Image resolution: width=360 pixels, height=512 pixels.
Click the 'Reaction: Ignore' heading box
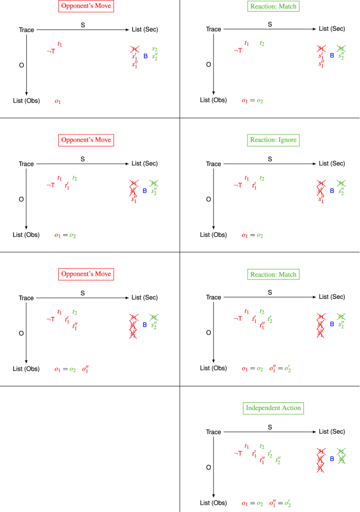[x=273, y=140]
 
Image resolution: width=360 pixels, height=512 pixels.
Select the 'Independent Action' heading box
[x=273, y=408]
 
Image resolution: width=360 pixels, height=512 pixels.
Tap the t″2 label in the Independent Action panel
[x=278, y=460]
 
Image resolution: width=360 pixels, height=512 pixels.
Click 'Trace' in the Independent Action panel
[x=213, y=432]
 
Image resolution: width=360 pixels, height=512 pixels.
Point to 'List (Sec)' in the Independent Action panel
[x=332, y=432]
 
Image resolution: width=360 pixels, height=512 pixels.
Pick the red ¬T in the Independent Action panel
[x=238, y=453]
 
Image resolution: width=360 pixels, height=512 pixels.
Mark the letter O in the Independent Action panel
[x=209, y=467]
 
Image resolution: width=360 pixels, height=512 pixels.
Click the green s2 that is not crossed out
[x=155, y=49]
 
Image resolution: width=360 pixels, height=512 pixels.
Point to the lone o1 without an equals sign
[x=58, y=101]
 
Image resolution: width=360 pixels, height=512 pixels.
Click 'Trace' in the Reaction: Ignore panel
[x=213, y=164]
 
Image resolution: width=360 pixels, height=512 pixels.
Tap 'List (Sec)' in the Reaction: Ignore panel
[x=332, y=164]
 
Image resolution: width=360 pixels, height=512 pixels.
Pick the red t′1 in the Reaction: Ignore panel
[x=254, y=185]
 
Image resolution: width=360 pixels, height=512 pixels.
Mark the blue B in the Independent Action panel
[x=332, y=458]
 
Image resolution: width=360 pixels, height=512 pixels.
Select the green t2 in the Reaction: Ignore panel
[x=262, y=179]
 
